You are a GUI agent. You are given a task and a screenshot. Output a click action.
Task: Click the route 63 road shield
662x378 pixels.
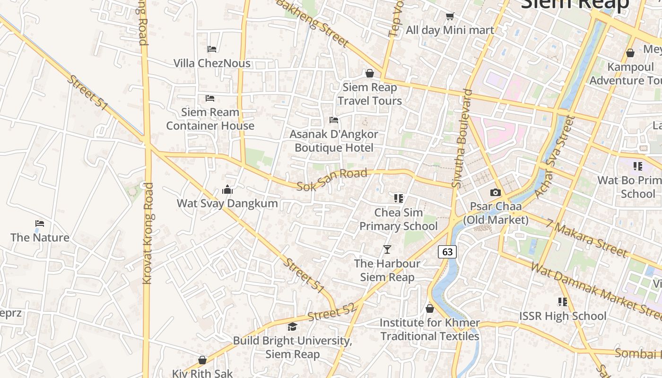click(447, 252)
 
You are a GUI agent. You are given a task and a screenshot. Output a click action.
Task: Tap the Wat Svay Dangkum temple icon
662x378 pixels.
click(227, 189)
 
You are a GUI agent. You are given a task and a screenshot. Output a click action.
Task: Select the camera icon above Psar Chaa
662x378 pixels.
click(495, 192)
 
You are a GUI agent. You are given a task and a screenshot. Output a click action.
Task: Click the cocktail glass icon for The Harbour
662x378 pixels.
click(387, 249)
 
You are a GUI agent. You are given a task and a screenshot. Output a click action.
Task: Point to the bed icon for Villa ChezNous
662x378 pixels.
click(212, 49)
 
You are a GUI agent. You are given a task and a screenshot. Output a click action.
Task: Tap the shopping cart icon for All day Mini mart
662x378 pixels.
click(450, 16)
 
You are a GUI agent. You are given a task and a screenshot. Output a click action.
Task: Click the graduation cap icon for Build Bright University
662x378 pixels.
click(293, 326)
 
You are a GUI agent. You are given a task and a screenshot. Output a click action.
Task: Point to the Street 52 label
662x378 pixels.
click(331, 313)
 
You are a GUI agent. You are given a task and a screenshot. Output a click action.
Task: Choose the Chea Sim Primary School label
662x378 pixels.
click(399, 219)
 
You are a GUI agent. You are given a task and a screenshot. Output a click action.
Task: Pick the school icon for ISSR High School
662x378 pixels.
click(562, 301)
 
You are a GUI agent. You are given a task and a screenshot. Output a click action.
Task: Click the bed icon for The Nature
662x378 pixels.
click(40, 223)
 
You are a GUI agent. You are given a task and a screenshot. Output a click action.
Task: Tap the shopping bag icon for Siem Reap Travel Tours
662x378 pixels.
click(370, 73)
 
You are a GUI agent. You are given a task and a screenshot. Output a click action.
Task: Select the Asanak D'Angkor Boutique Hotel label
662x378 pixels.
click(334, 141)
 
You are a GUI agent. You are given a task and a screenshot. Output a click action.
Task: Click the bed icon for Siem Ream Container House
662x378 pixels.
click(210, 98)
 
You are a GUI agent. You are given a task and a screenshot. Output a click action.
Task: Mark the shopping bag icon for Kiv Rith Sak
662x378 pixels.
click(202, 360)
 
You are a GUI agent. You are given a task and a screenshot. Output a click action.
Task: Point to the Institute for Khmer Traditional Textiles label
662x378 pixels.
click(430, 329)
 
